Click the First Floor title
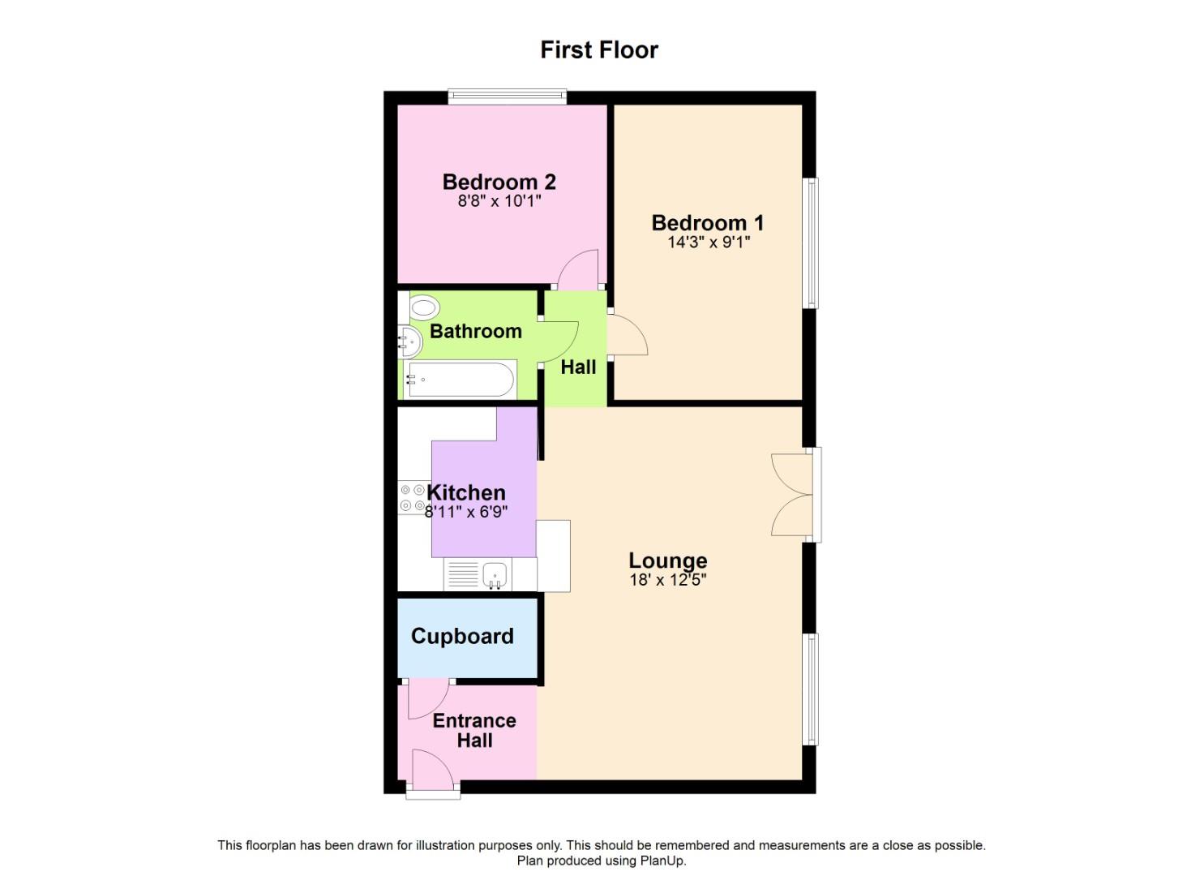click(x=599, y=50)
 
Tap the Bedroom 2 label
click(x=499, y=182)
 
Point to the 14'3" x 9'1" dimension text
click(x=709, y=242)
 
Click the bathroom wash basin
click(x=409, y=342)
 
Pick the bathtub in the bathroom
click(x=460, y=380)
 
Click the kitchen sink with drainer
click(x=478, y=573)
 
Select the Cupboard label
click(x=462, y=636)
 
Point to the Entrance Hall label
click(x=474, y=730)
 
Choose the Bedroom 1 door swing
click(x=628, y=334)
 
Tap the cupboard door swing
click(x=429, y=698)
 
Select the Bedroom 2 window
click(x=508, y=97)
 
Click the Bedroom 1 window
click(x=811, y=243)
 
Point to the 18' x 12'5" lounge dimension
click(x=668, y=580)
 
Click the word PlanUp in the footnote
click(x=662, y=861)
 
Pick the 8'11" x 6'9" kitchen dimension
click(x=466, y=511)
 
